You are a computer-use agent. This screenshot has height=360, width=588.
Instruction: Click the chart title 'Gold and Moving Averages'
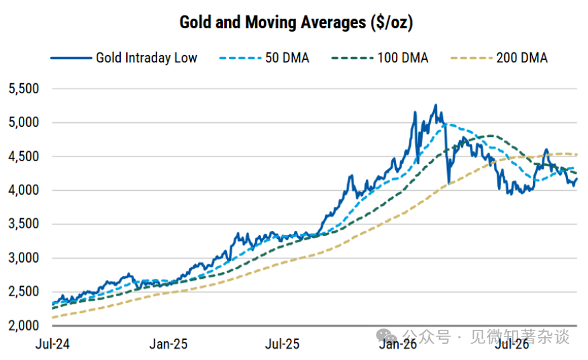pos(273,22)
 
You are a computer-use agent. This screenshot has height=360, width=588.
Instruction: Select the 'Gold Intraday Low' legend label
pos(146,58)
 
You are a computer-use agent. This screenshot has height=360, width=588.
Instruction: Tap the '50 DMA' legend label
pos(287,58)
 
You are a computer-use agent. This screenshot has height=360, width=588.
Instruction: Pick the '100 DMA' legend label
pos(403,58)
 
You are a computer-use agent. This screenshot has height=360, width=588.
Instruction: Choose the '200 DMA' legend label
pos(522,58)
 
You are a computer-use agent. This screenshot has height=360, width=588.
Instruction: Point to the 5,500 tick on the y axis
pos(23,89)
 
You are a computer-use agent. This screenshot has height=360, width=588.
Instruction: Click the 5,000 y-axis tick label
pos(23,122)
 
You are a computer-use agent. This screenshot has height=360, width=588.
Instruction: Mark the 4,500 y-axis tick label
pos(23,156)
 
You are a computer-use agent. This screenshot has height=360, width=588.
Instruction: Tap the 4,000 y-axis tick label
pos(23,190)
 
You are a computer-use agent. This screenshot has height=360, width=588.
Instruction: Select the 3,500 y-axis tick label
pos(23,224)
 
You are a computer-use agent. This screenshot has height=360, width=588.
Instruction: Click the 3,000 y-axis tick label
pos(23,258)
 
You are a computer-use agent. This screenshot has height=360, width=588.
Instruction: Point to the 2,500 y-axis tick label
pos(23,291)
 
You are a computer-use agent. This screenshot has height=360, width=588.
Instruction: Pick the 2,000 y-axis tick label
pos(23,326)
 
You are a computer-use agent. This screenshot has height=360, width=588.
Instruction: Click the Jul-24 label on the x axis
pos(52,344)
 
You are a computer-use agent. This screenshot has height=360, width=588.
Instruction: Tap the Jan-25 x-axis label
pos(168,344)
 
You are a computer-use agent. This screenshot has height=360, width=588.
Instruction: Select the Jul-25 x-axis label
pos(283,344)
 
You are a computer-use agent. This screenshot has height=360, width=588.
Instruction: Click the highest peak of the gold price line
pos(436,105)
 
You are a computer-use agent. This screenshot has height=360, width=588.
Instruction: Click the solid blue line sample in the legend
pos(71,58)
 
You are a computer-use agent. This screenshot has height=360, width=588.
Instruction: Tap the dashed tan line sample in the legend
pos(471,58)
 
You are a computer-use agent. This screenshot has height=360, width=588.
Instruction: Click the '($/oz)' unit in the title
pos(392,23)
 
